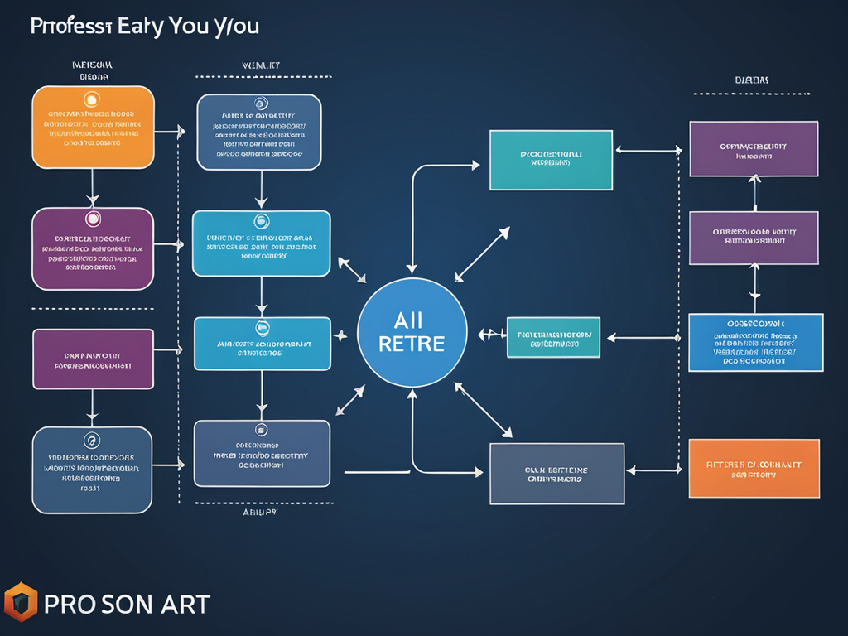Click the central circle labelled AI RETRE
tap(412, 334)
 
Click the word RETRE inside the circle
tap(412, 343)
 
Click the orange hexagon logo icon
tap(21, 602)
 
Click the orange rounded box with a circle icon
tap(93, 127)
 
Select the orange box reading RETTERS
tap(754, 469)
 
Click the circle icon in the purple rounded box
tap(93, 219)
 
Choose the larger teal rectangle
tap(551, 160)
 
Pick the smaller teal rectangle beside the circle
tap(553, 337)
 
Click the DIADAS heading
tap(752, 80)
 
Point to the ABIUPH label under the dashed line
tap(260, 513)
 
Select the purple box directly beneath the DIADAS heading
tap(754, 149)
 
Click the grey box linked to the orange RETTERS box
tap(556, 473)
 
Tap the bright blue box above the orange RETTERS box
tap(755, 342)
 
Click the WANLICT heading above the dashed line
tap(261, 64)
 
